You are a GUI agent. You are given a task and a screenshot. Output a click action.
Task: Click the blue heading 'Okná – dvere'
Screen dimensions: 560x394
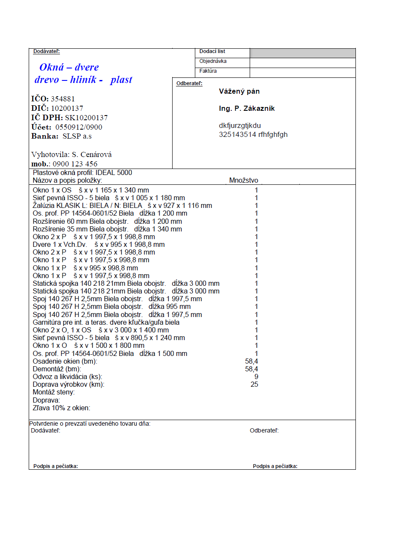69,67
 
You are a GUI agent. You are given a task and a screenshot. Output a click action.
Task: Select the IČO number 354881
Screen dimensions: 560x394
63,99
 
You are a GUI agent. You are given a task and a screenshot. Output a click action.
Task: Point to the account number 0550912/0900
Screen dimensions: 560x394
79,127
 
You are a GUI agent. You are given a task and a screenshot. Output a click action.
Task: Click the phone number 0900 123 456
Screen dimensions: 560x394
75,164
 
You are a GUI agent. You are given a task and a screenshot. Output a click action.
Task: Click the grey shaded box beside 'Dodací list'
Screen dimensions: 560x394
302,53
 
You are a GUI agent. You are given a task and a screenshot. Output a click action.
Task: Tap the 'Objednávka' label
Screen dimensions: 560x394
213,61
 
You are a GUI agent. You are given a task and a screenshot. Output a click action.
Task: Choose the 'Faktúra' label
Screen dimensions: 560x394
208,71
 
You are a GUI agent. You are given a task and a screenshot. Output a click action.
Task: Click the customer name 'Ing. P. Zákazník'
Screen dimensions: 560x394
247,109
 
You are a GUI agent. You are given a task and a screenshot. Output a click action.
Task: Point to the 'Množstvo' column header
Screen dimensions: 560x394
244,181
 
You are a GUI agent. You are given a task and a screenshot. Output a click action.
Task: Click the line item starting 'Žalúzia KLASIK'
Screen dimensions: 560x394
122,206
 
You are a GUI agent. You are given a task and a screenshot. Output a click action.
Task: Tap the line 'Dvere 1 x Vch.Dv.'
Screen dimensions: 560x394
98,245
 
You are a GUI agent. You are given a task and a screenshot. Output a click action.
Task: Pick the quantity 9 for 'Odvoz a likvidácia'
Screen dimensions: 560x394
256,377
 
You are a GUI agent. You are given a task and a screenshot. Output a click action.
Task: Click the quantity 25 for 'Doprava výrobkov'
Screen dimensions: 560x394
254,385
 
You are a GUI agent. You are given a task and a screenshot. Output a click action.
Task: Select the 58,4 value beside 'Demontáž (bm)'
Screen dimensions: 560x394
251,369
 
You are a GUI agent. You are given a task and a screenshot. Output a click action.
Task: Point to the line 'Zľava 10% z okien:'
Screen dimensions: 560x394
62,408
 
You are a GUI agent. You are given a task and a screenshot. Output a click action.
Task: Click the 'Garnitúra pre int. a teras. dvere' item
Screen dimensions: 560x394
106,323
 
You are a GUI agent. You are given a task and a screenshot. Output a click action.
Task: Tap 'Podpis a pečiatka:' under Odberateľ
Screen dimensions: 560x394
275,466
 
